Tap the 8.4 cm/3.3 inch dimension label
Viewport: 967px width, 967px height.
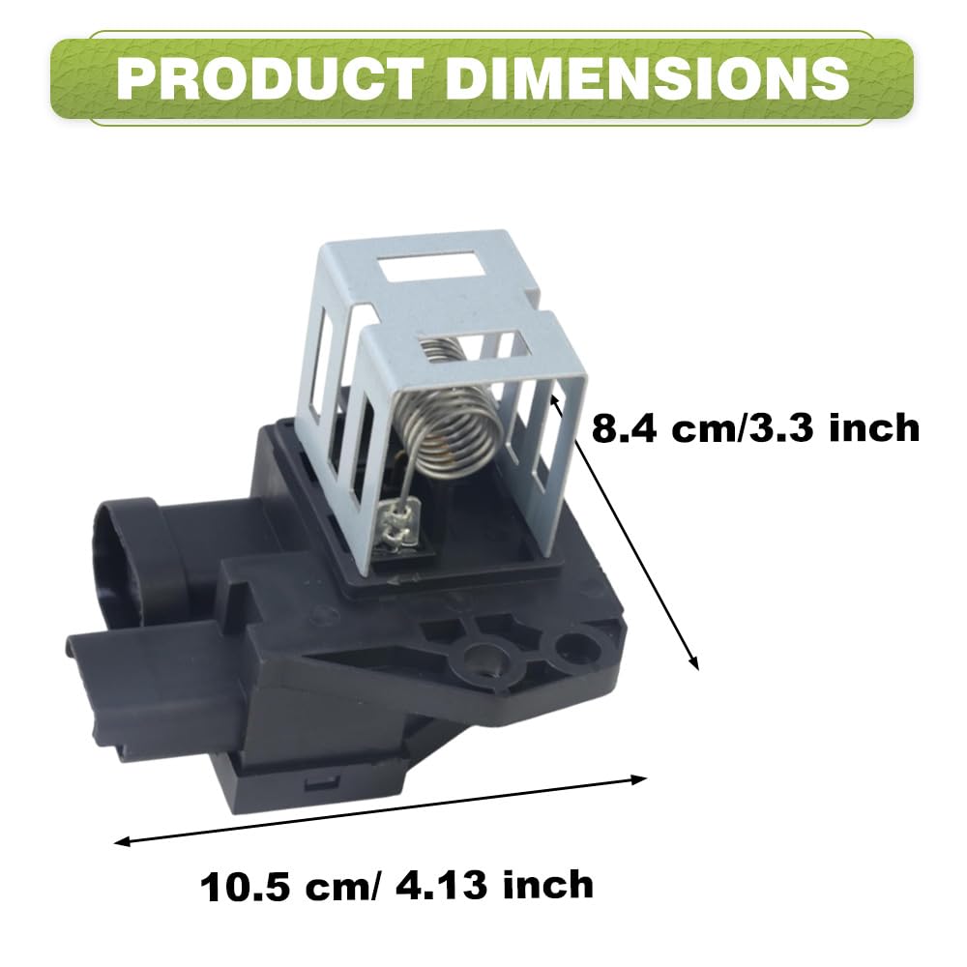point(755,427)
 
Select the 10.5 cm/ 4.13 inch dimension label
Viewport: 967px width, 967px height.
point(396,886)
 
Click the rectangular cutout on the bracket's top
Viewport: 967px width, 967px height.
point(432,265)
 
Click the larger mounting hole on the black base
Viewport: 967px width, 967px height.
point(483,659)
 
